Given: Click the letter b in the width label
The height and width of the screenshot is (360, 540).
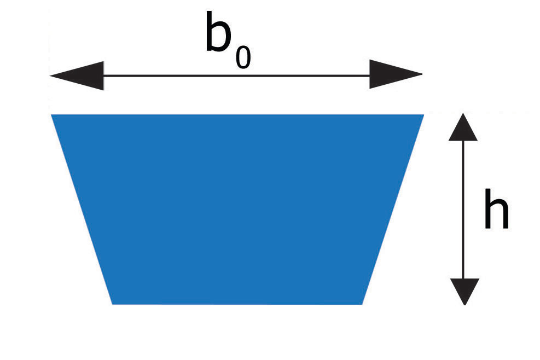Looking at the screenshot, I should click(219, 34).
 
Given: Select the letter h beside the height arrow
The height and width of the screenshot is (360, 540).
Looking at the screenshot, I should click(496, 209).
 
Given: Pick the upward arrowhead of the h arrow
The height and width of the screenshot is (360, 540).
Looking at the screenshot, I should click(463, 127).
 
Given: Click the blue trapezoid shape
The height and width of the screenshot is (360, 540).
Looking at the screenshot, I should click(237, 208).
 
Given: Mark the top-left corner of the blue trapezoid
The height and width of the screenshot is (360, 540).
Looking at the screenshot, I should click(52, 115).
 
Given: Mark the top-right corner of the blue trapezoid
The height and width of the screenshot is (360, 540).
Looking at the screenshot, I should click(423, 115).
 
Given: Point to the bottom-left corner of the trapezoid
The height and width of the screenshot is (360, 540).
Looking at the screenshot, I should click(113, 303).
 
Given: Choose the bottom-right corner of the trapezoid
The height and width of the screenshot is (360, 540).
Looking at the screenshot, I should click(362, 303).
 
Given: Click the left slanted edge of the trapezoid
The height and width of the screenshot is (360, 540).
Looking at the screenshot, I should click(82, 209).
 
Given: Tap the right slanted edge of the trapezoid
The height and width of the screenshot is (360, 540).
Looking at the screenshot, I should click(393, 209).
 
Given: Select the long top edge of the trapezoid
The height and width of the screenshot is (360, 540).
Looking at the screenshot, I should click(237, 115).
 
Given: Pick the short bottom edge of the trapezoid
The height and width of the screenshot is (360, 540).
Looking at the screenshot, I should click(237, 303).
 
